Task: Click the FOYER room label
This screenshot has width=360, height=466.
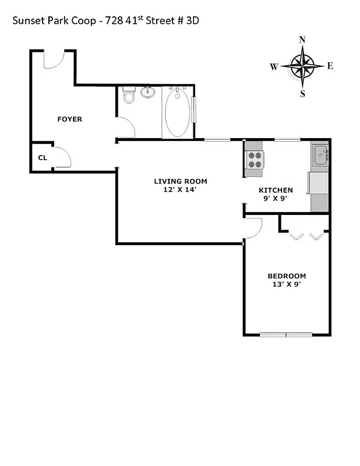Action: pyautogui.click(x=69, y=119)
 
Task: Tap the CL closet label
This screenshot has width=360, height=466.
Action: pyautogui.click(x=42, y=157)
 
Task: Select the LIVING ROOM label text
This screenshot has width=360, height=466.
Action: pyautogui.click(x=180, y=181)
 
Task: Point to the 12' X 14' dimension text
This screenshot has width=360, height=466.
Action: pyautogui.click(x=180, y=189)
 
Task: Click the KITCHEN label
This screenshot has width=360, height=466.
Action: pyautogui.click(x=276, y=190)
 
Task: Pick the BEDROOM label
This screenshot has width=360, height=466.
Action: pyautogui.click(x=287, y=276)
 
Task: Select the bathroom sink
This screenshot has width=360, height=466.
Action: pyautogui.click(x=149, y=91)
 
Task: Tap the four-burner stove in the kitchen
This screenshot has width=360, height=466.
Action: pyautogui.click(x=255, y=160)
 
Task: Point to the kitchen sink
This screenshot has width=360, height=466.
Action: pyautogui.click(x=320, y=156)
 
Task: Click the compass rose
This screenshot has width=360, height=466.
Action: pyautogui.click(x=302, y=65)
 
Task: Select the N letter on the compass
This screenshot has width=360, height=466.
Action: pyautogui.click(x=302, y=40)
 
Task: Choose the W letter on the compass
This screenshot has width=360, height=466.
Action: pyautogui.click(x=274, y=66)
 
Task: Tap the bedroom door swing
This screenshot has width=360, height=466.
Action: pyautogui.click(x=253, y=227)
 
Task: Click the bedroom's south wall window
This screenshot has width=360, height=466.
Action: pyautogui.click(x=286, y=334)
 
